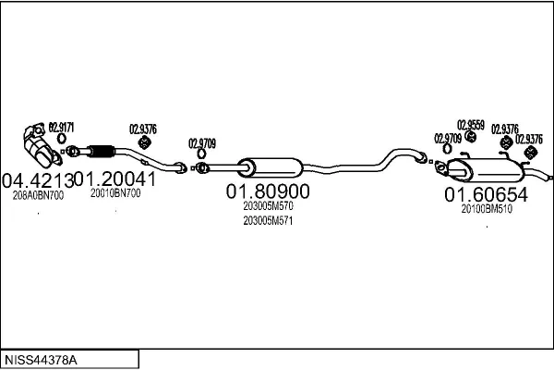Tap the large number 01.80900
click(x=268, y=191)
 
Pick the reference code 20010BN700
click(x=115, y=193)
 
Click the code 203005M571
click(x=268, y=220)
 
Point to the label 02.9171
click(x=62, y=127)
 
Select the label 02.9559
click(x=470, y=123)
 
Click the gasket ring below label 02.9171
click(x=62, y=140)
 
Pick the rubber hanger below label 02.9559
click(x=469, y=136)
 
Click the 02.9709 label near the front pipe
click(x=202, y=142)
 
